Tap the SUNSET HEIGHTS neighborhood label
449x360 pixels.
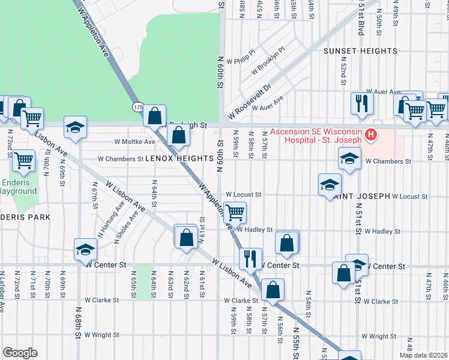(360, 51)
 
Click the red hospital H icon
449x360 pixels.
(371, 136)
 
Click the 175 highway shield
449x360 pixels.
(138, 106)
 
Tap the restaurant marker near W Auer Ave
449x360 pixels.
(361, 103)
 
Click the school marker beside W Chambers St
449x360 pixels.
(349, 159)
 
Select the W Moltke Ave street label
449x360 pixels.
(134, 142)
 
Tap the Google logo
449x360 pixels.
(20, 353)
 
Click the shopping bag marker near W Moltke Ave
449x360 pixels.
(179, 134)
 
